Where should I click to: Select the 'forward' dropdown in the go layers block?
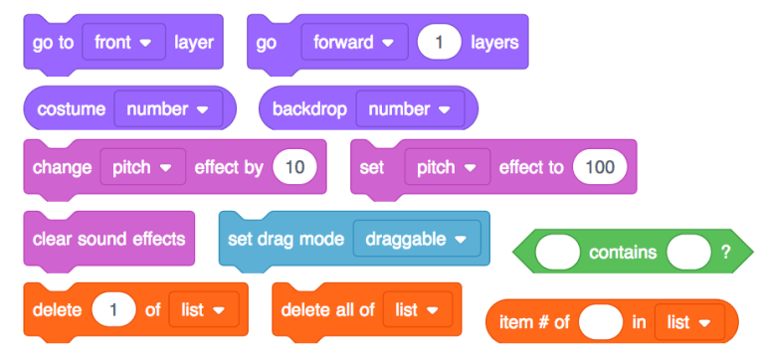pos(353,43)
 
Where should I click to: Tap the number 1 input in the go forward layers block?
pos(439,43)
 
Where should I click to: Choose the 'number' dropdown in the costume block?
pos(167,108)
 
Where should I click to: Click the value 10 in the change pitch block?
pos(294,167)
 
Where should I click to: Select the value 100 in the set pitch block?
pos(600,167)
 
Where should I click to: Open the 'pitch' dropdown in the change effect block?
pos(143,167)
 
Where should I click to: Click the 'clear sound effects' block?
pos(108,239)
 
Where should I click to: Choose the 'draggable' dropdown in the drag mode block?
pos(416,239)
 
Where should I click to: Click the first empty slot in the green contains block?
pos(557,253)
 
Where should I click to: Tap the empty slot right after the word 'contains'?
pos(688,253)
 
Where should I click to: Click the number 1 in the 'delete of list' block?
pos(113,309)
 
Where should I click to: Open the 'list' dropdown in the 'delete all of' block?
pos(417,309)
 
